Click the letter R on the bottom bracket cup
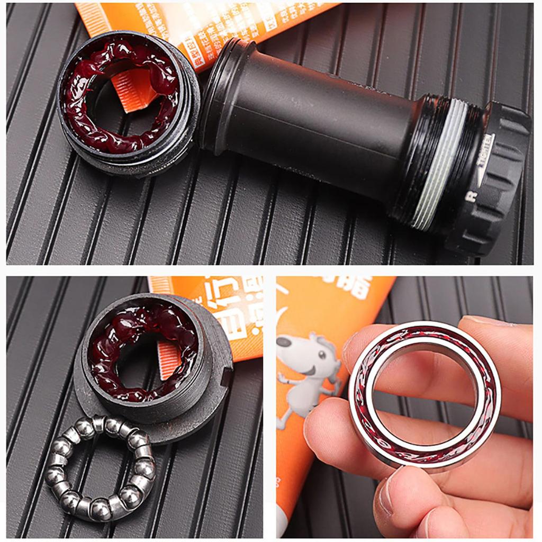point(468,196)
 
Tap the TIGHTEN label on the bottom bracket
point(485,159)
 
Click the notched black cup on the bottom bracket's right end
point(498,175)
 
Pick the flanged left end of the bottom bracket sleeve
point(220,90)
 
